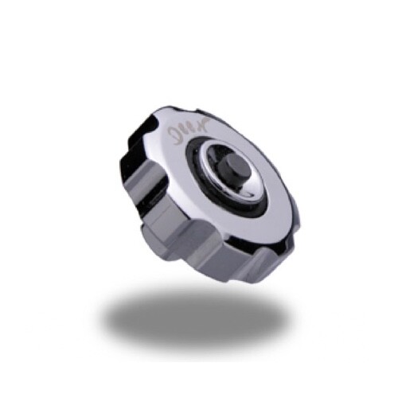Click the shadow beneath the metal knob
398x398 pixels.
[x=199, y=318]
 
